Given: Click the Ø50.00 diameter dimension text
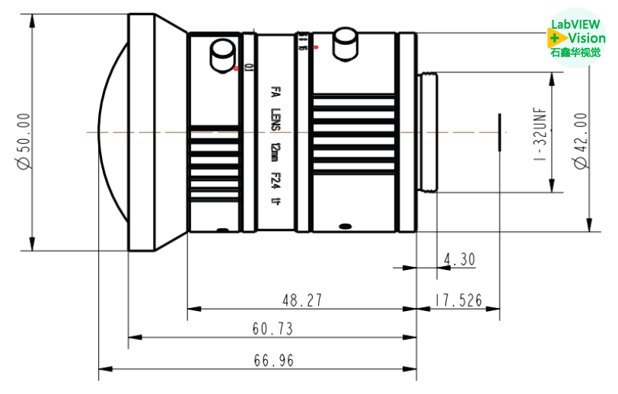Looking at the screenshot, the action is [x=24, y=132].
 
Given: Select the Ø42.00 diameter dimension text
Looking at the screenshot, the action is [x=581, y=141].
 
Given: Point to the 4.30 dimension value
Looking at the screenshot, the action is [x=458, y=260].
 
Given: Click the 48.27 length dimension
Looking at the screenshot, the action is [x=302, y=300].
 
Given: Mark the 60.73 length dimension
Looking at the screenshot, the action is [x=272, y=329].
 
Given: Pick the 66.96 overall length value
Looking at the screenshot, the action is [x=273, y=361].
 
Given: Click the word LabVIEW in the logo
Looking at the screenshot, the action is [x=576, y=24].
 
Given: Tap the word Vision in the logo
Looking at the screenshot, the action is [x=587, y=38].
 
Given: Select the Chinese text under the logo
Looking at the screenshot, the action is [x=575, y=52].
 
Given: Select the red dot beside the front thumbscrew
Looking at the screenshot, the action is [x=237, y=68].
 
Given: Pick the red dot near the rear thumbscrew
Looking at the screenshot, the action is [x=315, y=47].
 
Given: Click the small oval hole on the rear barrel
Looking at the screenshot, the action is [x=345, y=226].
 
